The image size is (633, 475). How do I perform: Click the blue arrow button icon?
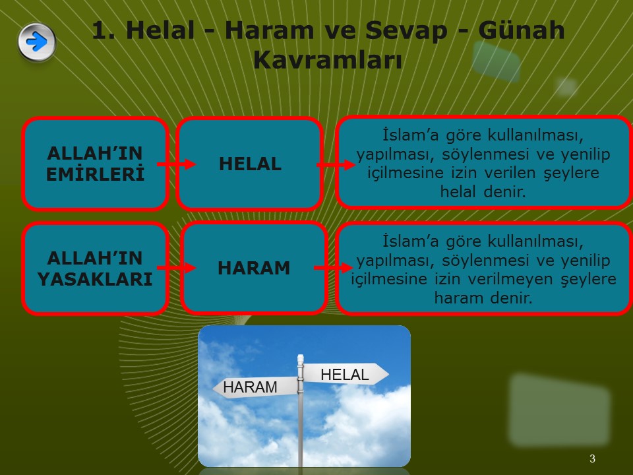pyautogui.click(x=37, y=42)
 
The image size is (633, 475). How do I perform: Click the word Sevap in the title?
pyautogui.click(x=406, y=30)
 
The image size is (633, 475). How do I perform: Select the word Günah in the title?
pyautogui.click(x=521, y=30)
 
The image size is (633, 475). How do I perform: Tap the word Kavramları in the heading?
pyautogui.click(x=328, y=60)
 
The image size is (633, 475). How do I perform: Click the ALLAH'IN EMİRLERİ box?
pyautogui.click(x=95, y=164)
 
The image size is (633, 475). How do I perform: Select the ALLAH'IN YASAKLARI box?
pyautogui.click(x=95, y=269)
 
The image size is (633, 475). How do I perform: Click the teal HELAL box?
pyautogui.click(x=249, y=164)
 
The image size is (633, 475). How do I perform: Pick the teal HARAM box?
pyautogui.click(x=254, y=268)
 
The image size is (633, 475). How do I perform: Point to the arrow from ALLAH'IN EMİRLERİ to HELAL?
pyautogui.click(x=177, y=164)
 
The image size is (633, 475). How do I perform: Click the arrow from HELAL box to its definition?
pyautogui.click(x=336, y=164)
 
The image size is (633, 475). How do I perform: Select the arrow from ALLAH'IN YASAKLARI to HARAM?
pyautogui.click(x=177, y=267)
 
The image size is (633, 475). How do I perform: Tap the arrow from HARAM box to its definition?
pyautogui.click(x=334, y=267)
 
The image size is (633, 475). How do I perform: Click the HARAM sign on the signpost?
pyautogui.click(x=255, y=387)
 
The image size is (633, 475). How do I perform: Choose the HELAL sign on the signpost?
pyautogui.click(x=346, y=374)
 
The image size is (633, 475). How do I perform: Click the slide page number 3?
pyautogui.click(x=592, y=459)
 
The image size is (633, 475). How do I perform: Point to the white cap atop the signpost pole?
pyautogui.click(x=301, y=360)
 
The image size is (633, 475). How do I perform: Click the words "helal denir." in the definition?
pyautogui.click(x=483, y=191)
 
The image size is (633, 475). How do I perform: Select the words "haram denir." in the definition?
pyautogui.click(x=483, y=298)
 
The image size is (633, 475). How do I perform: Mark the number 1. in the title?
pyautogui.click(x=102, y=30)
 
